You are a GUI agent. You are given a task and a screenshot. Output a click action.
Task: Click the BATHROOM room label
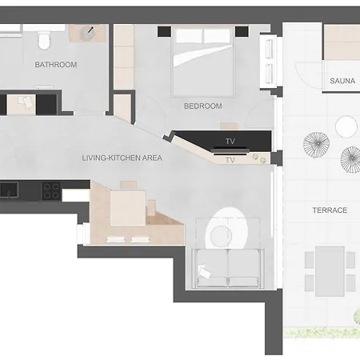pyautogui.click(x=56, y=65)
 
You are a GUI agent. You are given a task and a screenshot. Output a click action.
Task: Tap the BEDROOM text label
pyautogui.click(x=202, y=106)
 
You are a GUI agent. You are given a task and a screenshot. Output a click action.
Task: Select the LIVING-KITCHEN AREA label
pyautogui.click(x=122, y=158)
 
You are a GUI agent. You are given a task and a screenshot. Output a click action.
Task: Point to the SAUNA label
pyautogui.click(x=342, y=81)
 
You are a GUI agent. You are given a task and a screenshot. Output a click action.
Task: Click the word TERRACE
pyautogui.click(x=330, y=210)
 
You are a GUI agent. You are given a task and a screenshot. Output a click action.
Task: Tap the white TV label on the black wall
pyautogui.click(x=230, y=142)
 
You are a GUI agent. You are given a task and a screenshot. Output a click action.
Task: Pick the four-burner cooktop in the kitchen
pyautogui.click(x=51, y=191)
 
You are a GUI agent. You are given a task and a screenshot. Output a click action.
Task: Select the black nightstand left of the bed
pyautogui.click(x=163, y=31)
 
